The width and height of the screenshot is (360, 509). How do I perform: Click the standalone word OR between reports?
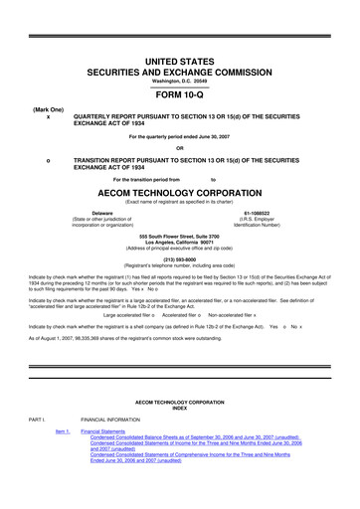pyautogui.click(x=180, y=149)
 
